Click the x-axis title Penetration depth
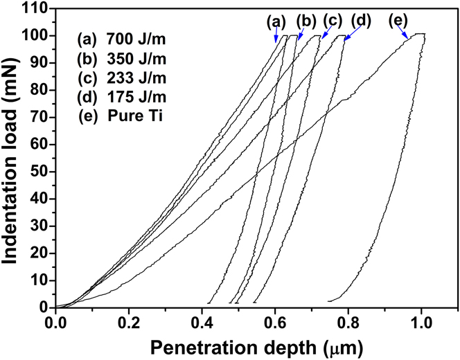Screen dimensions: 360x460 click(x=239, y=344)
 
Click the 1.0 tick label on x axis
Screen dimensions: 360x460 click(x=421, y=322)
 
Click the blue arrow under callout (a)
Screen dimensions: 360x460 click(x=278, y=37)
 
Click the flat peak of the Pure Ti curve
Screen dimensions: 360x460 click(x=418, y=33)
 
